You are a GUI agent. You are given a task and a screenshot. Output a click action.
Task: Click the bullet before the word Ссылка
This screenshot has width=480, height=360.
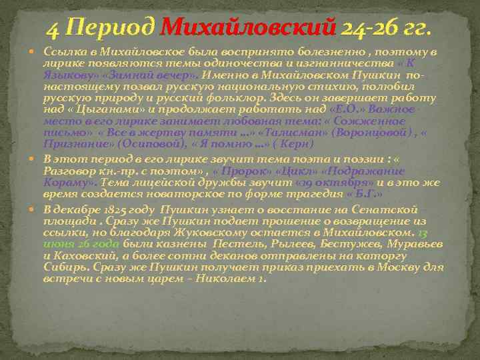tap(37, 52)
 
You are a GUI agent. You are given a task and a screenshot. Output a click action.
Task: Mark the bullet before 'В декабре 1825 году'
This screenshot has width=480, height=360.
tap(37, 208)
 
